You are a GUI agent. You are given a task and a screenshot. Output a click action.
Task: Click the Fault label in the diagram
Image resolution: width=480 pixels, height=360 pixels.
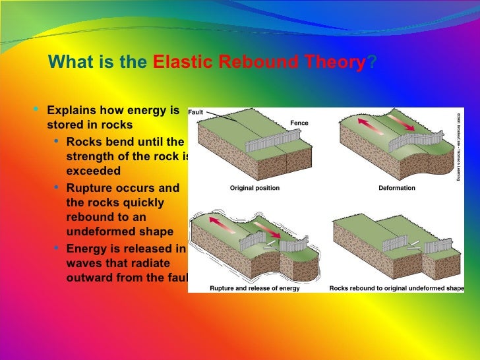[x=196, y=112]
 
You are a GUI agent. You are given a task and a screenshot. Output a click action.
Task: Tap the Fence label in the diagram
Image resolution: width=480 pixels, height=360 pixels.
[x=299, y=123]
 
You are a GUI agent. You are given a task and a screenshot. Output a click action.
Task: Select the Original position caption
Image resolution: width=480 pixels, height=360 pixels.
[x=255, y=189]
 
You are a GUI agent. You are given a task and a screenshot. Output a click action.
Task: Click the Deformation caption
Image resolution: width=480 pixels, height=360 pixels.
[x=396, y=189]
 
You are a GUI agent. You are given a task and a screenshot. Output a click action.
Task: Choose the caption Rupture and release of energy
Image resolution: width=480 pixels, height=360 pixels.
[x=255, y=288]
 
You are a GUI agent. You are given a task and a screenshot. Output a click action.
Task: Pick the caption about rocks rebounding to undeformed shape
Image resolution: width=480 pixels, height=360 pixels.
[x=396, y=288]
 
